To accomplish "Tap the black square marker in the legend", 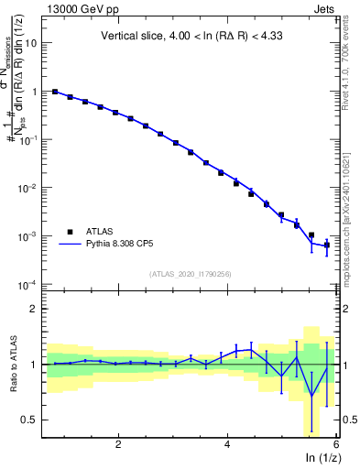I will pos(69,233).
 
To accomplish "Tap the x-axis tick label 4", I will pos(227,443).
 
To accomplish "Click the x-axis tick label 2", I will pos(118,443).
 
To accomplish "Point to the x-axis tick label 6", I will pos(335,443).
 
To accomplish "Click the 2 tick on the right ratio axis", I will pos(346,309).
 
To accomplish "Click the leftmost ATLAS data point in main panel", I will pos(55,92).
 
